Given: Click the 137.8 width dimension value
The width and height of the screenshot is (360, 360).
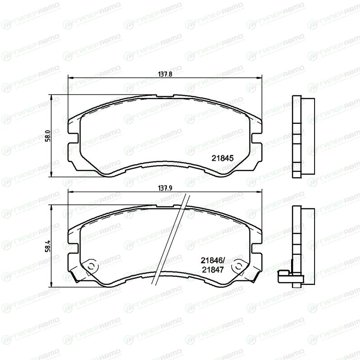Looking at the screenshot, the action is (165, 74).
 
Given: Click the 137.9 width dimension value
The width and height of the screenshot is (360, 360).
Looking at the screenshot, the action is (165, 188).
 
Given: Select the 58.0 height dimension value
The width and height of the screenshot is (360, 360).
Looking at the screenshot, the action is (48, 136).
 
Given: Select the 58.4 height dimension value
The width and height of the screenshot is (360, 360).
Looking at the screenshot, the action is (48, 246).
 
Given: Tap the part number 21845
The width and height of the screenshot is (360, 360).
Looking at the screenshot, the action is (222, 158).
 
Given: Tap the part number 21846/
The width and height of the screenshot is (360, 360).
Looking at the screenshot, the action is (213, 261).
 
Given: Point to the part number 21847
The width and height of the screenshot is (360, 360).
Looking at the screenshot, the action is (213, 270).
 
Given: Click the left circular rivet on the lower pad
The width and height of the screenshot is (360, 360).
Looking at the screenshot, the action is (91, 266).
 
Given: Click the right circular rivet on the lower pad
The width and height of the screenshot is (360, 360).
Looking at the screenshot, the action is (238, 266).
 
